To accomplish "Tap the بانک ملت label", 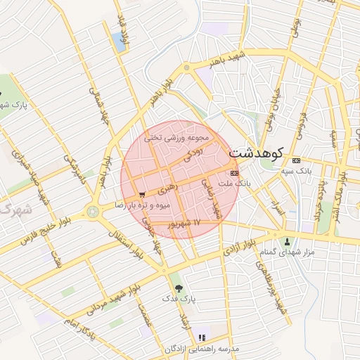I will tap(235, 183).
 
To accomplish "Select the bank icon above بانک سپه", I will tap(295, 160).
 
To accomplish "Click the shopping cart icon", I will tap(143, 194).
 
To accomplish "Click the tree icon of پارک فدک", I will tap(177, 288).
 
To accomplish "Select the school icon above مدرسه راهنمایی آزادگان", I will tap(202, 338).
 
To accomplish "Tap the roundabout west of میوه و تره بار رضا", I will tap(93, 212).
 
